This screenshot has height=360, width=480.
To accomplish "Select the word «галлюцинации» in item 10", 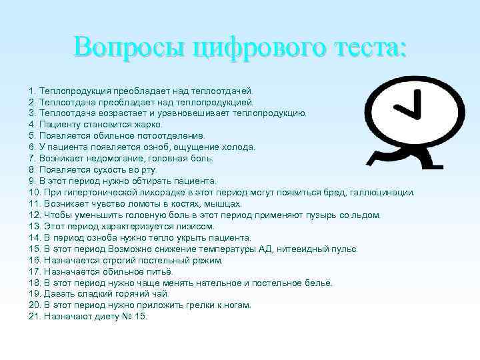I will pyautogui.click(x=383, y=192).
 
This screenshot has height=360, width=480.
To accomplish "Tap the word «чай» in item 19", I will pyautogui.click(x=161, y=294).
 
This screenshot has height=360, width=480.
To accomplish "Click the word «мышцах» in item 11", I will pyautogui.click(x=225, y=203).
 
